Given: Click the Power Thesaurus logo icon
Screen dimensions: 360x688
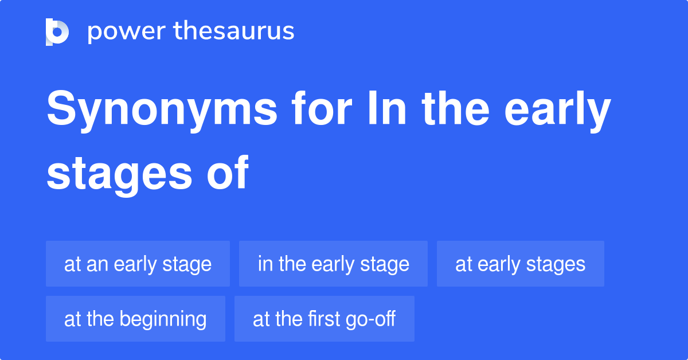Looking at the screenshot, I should point(57,32).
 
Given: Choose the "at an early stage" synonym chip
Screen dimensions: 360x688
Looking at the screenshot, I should point(138,264).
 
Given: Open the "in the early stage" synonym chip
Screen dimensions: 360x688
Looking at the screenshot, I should point(333,264).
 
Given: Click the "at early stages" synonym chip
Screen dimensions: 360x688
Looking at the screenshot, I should point(520,264).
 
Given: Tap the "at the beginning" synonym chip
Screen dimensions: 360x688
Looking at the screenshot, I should point(135,319).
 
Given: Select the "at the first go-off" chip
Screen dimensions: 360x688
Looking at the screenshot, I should point(324,319).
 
